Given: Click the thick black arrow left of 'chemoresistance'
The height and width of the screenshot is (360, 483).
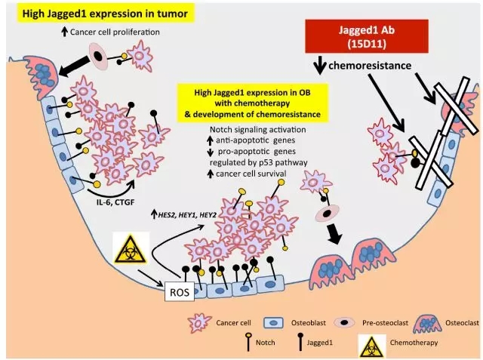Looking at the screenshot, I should (x=320, y=67).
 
